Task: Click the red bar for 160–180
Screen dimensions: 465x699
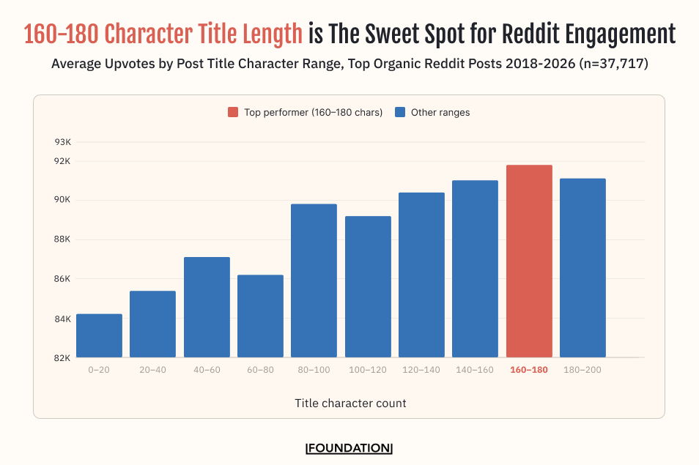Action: point(529,261)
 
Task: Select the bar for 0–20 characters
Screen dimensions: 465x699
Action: point(99,335)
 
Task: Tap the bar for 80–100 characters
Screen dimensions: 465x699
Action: point(314,280)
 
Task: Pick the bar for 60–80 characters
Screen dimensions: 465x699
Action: point(260,316)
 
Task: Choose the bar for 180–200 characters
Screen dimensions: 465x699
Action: point(582,268)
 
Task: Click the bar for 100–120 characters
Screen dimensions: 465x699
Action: point(368,287)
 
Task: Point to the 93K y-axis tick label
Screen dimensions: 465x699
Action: point(62,142)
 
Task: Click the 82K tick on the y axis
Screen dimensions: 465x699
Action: point(62,358)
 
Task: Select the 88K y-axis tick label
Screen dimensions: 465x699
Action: point(62,239)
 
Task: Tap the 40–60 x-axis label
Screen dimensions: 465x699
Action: point(206,370)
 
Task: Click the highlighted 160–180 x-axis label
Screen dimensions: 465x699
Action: point(529,370)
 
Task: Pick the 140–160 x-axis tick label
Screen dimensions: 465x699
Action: point(475,370)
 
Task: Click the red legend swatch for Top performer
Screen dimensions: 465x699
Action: point(233,112)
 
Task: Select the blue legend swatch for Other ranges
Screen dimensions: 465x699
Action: point(400,112)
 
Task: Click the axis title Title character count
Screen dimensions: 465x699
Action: point(350,403)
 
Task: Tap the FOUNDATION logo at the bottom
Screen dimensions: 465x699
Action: point(349,448)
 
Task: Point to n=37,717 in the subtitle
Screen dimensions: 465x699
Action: point(613,64)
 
